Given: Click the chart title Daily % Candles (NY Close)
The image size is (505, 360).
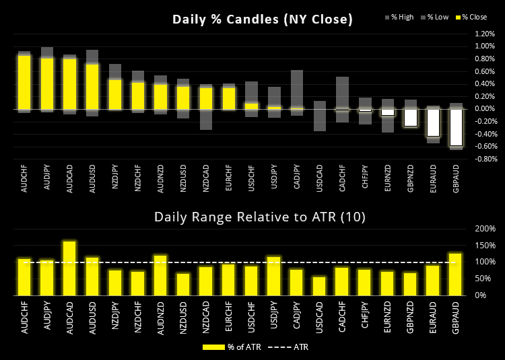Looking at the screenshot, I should [263, 20].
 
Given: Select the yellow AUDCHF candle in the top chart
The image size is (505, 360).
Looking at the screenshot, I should [24, 82].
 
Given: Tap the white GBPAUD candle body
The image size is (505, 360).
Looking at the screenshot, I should [457, 127].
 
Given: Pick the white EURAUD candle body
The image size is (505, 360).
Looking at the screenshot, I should [434, 122].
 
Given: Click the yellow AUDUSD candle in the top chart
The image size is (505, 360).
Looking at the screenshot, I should [93, 86].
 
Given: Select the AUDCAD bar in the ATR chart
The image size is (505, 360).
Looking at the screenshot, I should [69, 268].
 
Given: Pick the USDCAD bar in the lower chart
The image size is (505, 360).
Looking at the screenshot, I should [319, 285].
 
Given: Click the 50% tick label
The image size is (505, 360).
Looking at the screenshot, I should [487, 279].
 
